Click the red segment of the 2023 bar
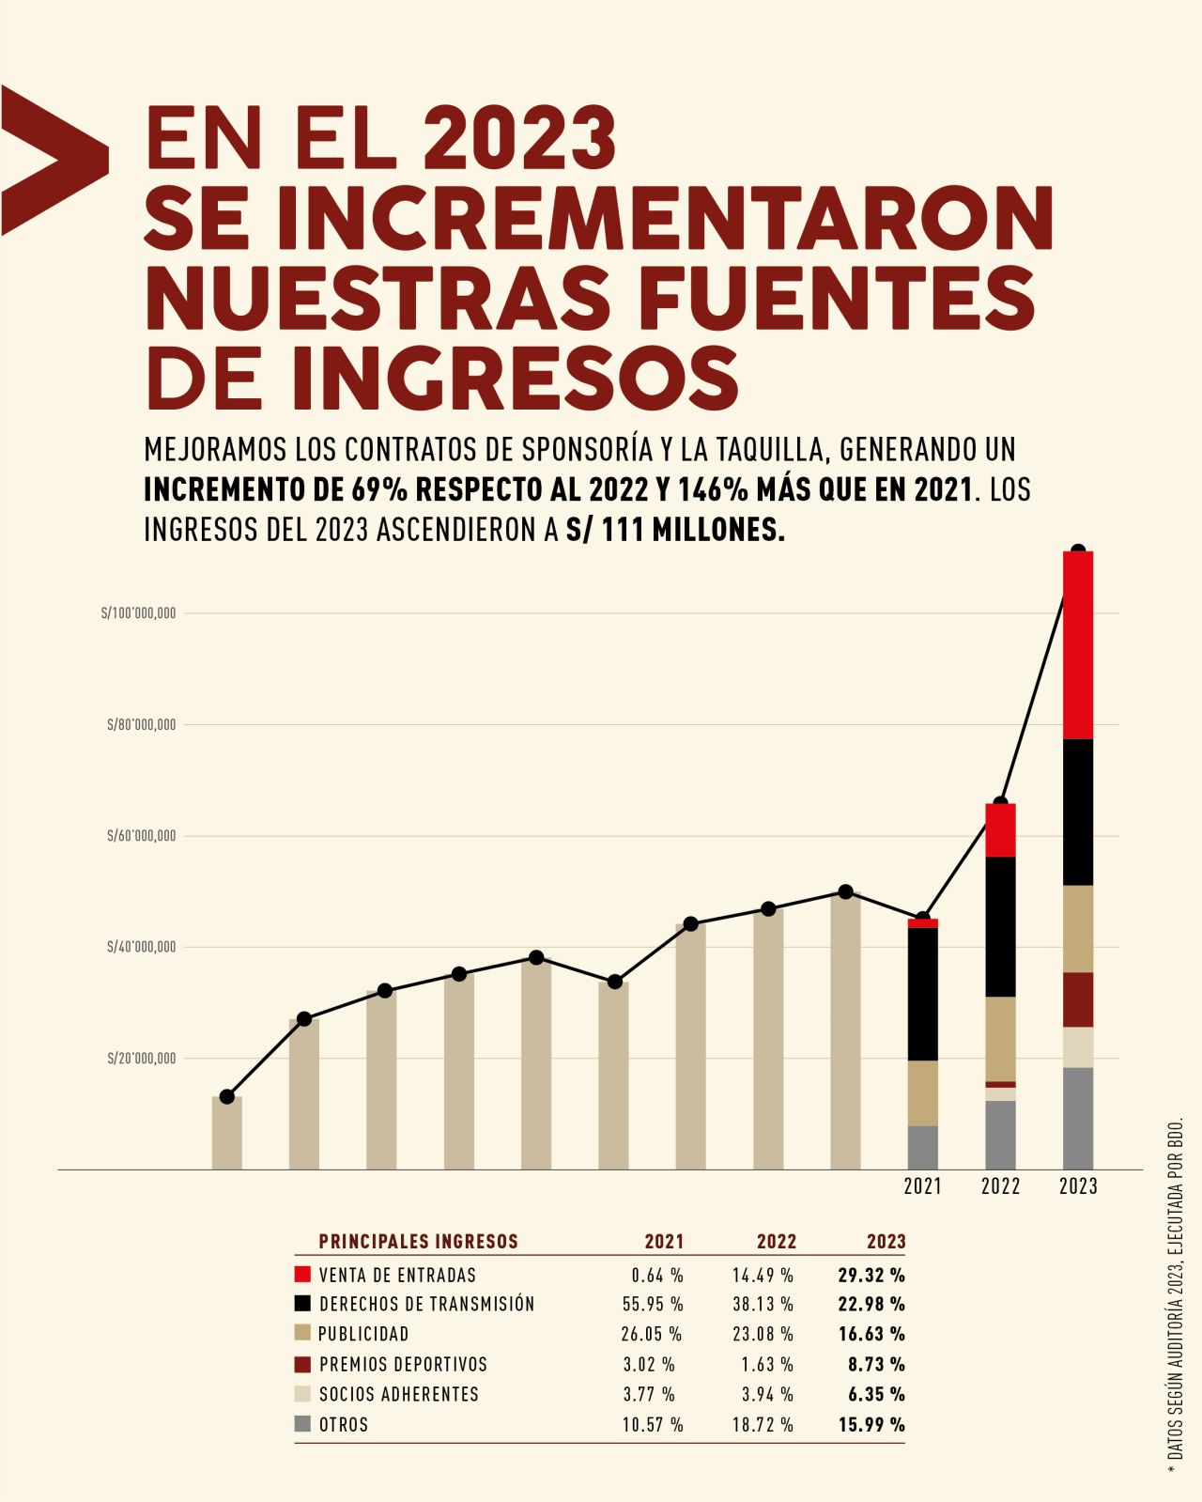click(x=1078, y=645)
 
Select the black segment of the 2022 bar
click(x=1000, y=926)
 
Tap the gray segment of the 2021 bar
click(x=923, y=1147)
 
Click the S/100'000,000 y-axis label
click(x=139, y=613)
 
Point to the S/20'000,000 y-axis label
click(x=141, y=1059)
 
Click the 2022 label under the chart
click(x=1000, y=1186)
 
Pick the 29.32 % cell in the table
click(x=871, y=1275)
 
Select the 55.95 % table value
click(x=653, y=1305)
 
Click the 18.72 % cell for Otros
click(x=763, y=1425)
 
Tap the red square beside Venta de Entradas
click(x=302, y=1275)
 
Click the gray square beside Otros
click(x=302, y=1424)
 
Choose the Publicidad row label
click(x=363, y=1334)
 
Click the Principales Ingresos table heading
click(x=418, y=1242)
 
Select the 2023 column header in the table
click(x=886, y=1242)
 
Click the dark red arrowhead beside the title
click(x=52, y=160)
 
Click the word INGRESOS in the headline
click(x=515, y=378)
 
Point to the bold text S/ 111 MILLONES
click(x=675, y=531)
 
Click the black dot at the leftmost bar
click(x=227, y=1096)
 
